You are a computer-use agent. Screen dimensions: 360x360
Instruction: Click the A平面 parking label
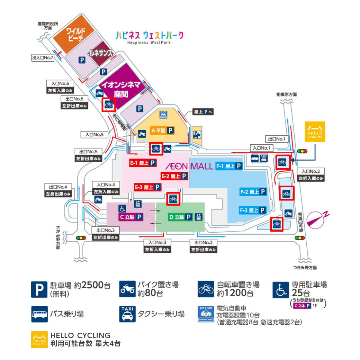(x=162, y=130)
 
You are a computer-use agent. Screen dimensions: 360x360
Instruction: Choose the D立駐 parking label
(x=180, y=217)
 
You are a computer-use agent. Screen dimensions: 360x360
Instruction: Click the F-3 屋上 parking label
(x=253, y=210)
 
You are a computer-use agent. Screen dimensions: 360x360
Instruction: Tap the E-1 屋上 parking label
(x=143, y=163)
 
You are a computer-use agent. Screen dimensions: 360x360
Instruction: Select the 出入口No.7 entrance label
(x=43, y=58)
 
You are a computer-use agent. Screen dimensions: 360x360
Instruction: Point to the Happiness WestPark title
(x=150, y=37)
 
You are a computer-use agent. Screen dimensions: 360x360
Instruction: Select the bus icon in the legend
(x=39, y=314)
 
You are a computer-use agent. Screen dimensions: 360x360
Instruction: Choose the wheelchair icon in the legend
(x=280, y=289)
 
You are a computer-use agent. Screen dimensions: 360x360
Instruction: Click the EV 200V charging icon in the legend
(x=206, y=314)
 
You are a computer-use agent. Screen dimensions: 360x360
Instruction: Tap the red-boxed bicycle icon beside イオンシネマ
(x=109, y=104)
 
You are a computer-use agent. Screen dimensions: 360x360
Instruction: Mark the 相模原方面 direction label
(x=286, y=94)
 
